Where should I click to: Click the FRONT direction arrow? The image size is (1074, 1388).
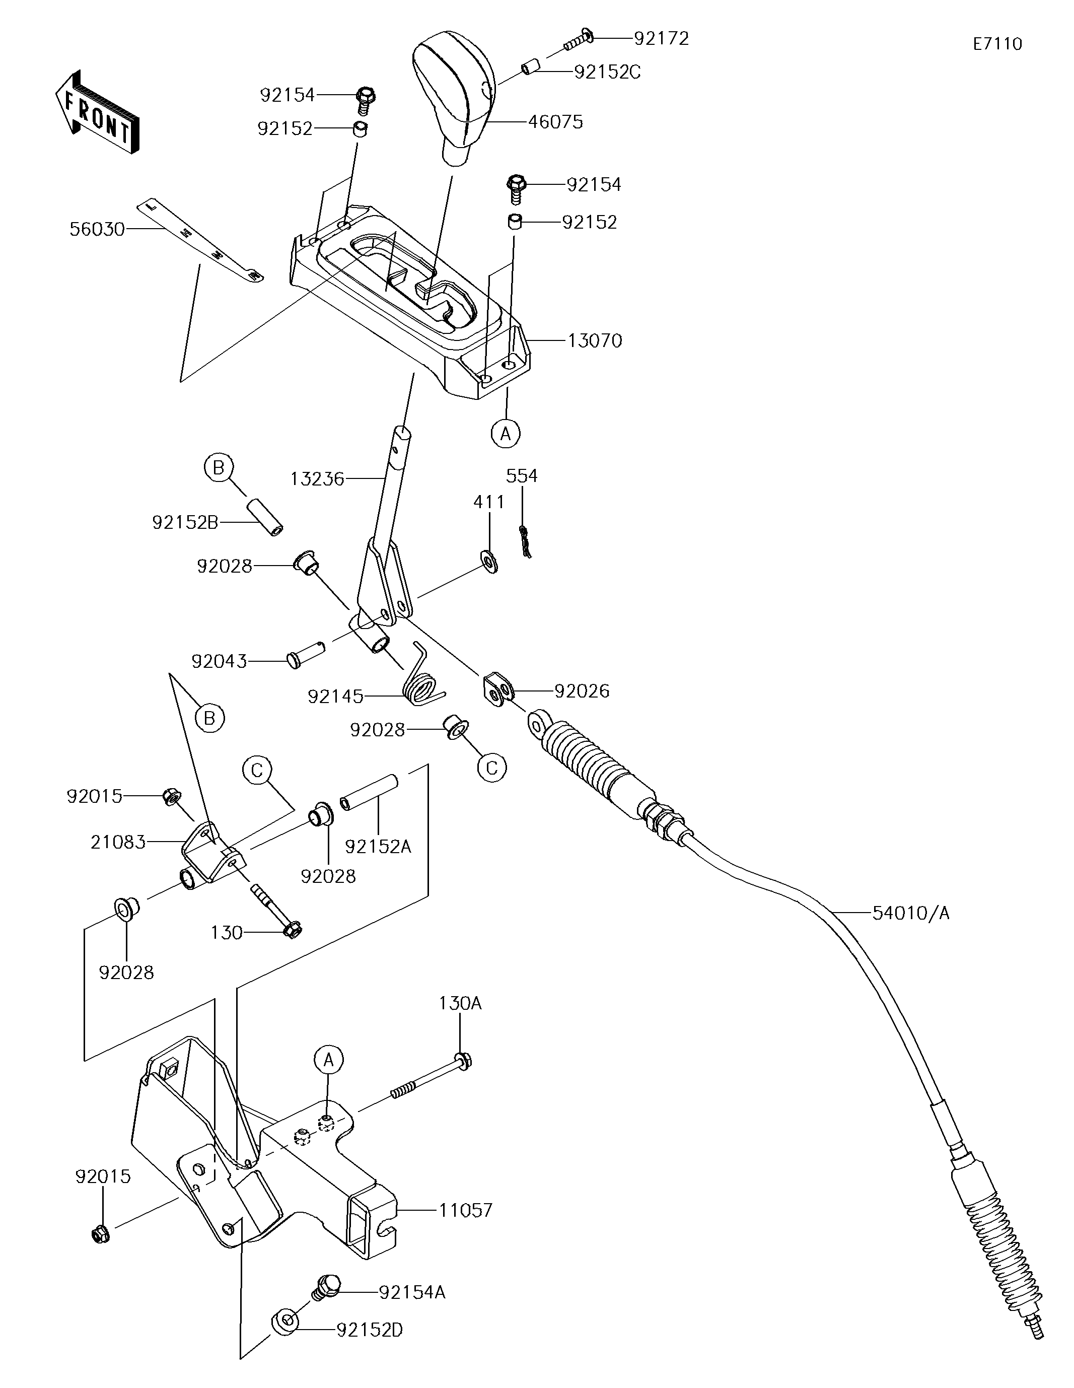coord(96,112)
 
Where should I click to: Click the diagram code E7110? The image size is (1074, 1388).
coord(998,44)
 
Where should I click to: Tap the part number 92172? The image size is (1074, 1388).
coord(662,39)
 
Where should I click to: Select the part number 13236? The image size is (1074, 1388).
coord(317,478)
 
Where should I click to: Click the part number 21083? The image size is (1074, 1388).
coord(118,842)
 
